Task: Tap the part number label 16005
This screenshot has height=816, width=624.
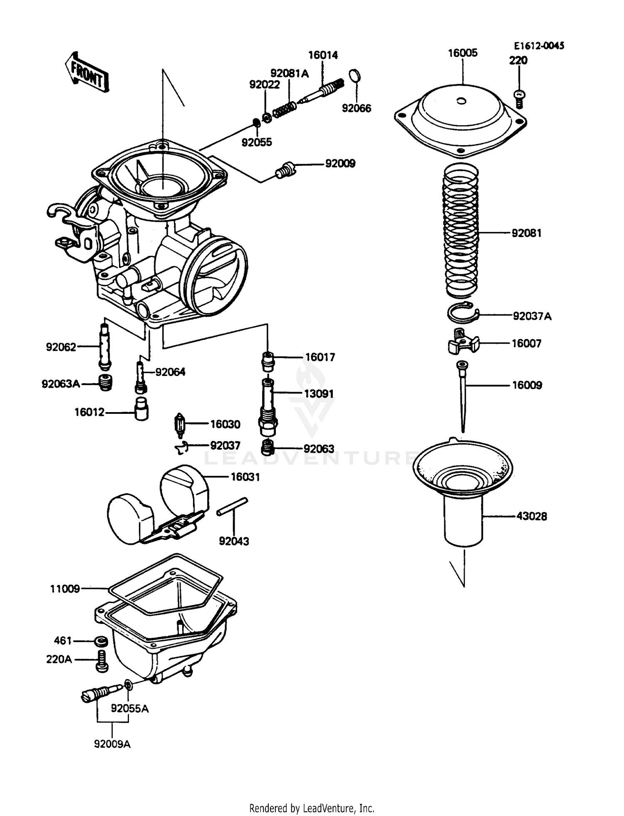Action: [463, 53]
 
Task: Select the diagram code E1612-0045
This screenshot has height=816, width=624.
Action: [539, 46]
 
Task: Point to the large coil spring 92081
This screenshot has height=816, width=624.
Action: [462, 231]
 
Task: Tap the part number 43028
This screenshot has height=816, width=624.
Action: [531, 516]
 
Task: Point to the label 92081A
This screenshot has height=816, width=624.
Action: [290, 74]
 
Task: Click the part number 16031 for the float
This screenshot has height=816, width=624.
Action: [245, 477]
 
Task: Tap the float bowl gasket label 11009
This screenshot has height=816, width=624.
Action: [65, 589]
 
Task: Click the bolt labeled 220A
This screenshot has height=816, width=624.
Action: [102, 660]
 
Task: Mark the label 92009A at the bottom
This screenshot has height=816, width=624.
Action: [112, 744]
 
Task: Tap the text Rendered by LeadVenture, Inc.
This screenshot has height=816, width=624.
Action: [312, 808]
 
